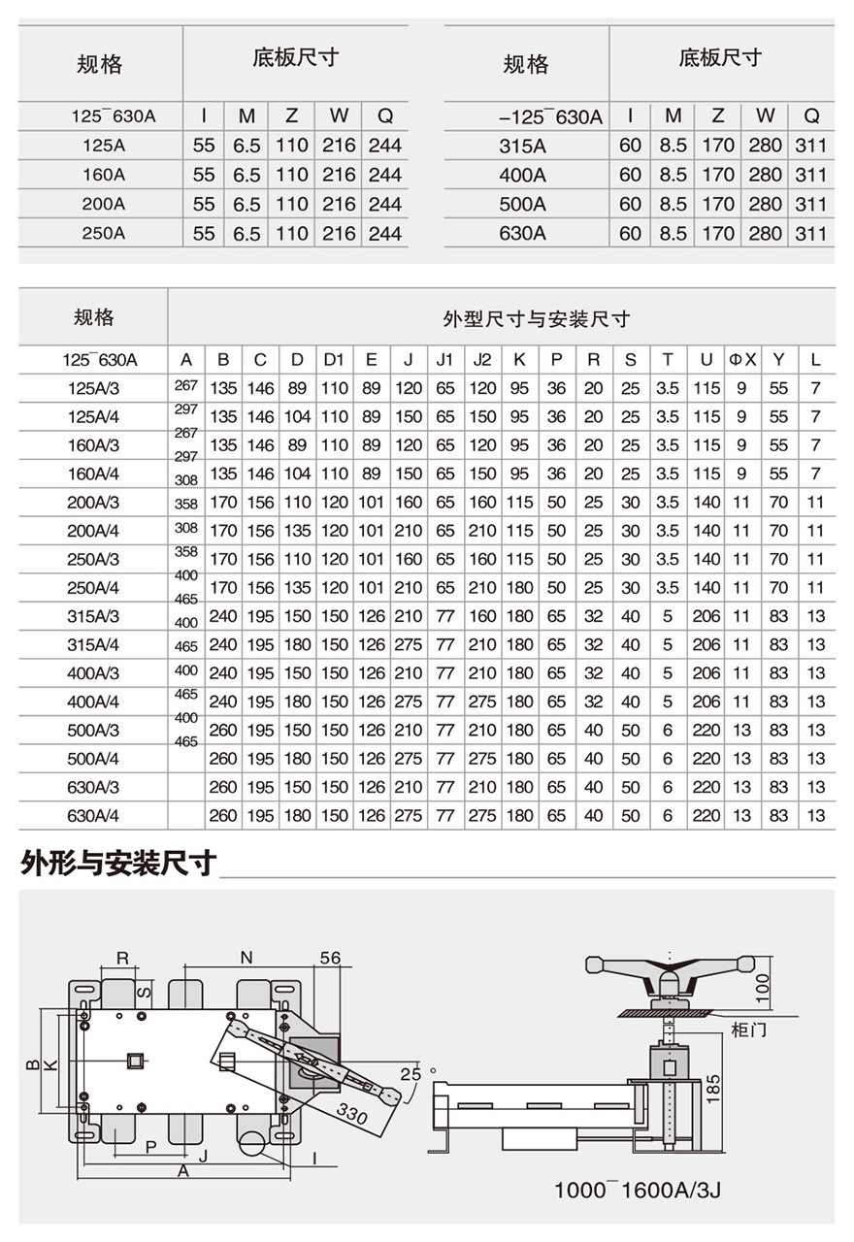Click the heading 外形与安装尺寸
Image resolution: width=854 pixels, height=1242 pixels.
click(x=117, y=863)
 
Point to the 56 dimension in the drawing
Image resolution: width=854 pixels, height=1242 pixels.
click(x=331, y=958)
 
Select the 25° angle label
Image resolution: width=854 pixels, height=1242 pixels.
click(x=411, y=1073)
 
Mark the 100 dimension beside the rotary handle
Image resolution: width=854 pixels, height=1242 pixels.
click(x=762, y=983)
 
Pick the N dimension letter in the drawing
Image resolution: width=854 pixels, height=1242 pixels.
click(x=246, y=958)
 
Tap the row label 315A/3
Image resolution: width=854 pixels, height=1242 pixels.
click(x=93, y=616)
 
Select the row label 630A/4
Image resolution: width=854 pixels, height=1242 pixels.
click(x=93, y=815)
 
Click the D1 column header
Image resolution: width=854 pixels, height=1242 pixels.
click(x=334, y=360)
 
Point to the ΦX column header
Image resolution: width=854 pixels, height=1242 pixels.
click(x=742, y=360)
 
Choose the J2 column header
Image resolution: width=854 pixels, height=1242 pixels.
click(x=482, y=360)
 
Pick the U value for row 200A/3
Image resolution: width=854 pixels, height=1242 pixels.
click(x=706, y=503)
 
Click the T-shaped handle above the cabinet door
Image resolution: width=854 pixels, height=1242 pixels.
click(x=669, y=967)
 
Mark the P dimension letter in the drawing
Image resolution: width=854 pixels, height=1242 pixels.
click(x=151, y=1146)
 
